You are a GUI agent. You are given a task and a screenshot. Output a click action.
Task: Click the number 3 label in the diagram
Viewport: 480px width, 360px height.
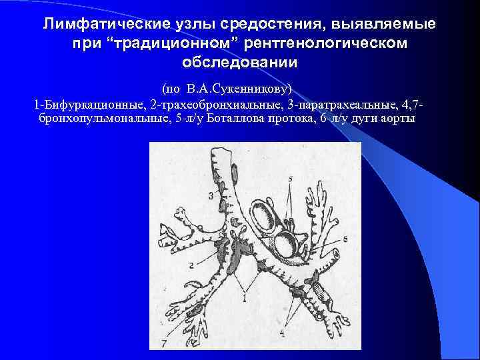pos(211,195)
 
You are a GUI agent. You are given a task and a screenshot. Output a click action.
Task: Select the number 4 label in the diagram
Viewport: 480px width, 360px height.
pos(283,331)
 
